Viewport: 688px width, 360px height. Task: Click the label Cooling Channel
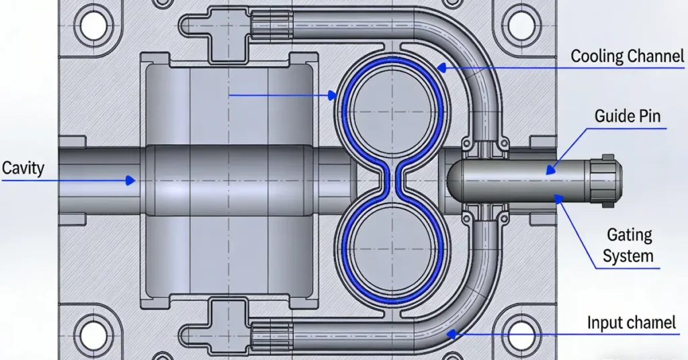[627, 56]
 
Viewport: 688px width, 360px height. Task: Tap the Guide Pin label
[627, 116]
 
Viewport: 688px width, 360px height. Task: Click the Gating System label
[629, 245]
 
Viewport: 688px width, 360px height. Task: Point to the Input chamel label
[631, 323]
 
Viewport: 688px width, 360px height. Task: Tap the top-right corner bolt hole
[520, 25]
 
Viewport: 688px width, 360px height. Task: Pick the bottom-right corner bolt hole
[520, 334]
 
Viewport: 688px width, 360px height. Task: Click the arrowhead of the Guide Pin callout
[550, 171]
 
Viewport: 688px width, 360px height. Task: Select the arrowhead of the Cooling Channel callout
[439, 66]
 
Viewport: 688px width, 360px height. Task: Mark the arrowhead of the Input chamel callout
[452, 330]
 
